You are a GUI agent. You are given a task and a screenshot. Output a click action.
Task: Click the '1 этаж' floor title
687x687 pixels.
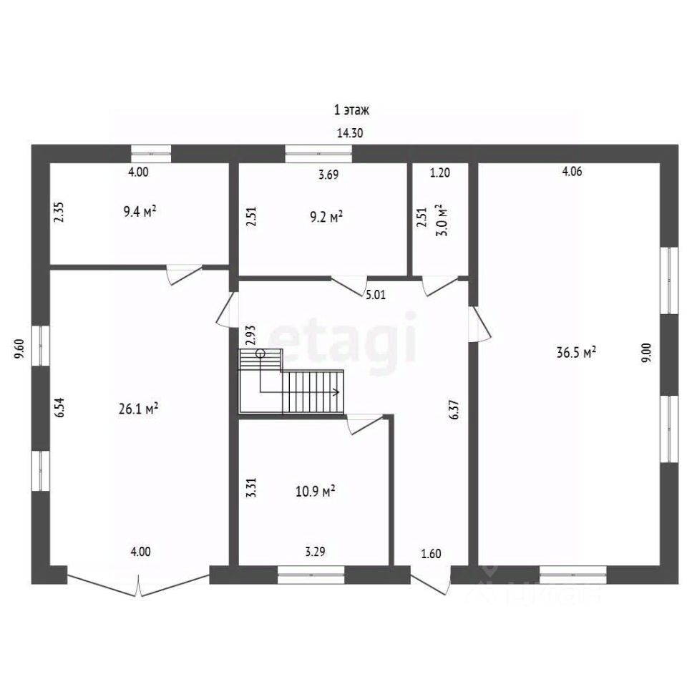pos(351,109)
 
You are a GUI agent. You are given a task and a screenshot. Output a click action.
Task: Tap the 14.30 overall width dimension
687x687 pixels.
pos(350,132)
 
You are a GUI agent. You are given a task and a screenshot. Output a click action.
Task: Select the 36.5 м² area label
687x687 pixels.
pos(575,352)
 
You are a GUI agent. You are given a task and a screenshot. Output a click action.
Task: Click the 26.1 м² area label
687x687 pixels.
pos(138,409)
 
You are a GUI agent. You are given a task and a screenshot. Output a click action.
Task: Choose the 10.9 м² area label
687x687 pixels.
pos(316,491)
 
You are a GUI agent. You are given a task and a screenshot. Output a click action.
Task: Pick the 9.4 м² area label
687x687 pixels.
pos(140,212)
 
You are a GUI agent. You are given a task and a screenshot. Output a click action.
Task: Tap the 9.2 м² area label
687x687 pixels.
pos(326,216)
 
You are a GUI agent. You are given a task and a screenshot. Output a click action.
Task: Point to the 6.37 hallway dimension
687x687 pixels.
pos(455,409)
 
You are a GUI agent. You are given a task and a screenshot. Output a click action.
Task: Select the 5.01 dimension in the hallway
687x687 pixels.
pos(376,294)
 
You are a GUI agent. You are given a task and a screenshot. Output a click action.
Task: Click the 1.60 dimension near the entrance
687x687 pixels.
pos(431,554)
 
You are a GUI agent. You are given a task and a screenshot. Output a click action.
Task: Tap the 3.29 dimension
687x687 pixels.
pos(315,551)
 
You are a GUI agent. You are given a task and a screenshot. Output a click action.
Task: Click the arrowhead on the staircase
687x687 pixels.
pos(337,391)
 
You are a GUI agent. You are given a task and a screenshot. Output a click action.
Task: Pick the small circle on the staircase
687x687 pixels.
pos(260,353)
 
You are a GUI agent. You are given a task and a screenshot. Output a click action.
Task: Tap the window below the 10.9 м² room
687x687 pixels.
pos(311,575)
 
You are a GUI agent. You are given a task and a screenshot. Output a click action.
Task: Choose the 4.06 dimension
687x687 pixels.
pos(572,171)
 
